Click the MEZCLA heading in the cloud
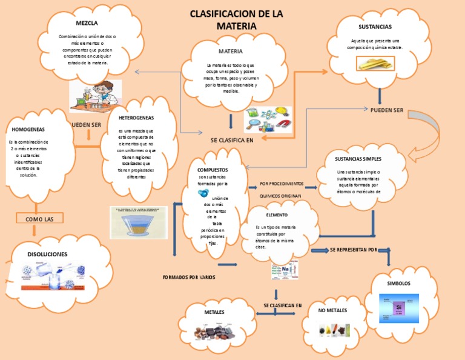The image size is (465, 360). tap(87, 23)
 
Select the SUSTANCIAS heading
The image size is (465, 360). tap(375, 27)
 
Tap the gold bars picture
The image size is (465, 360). tap(375, 62)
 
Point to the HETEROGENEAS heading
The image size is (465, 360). tap(137, 118)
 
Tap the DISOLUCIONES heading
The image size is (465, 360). tap(47, 254)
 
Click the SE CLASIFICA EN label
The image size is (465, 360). tap(231, 140)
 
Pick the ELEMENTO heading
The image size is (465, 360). tap(276, 215)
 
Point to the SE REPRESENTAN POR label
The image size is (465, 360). tap(353, 250)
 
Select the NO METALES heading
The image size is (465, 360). tap(332, 311)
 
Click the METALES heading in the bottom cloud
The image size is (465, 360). tap(214, 312)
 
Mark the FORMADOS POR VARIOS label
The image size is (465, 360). tap(189, 277)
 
